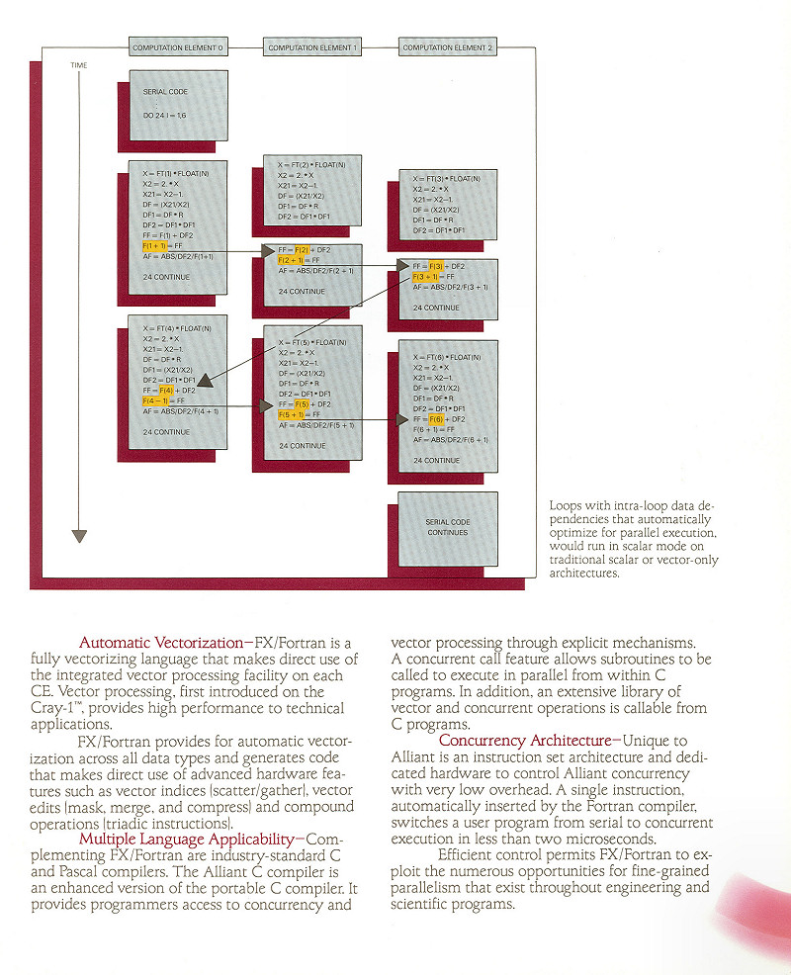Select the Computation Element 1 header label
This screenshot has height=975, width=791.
point(312,46)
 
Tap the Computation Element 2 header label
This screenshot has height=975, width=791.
point(448,46)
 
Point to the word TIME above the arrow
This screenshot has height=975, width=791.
point(79,65)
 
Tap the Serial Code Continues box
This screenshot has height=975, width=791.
point(448,527)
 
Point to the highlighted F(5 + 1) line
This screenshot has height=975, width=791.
point(296,415)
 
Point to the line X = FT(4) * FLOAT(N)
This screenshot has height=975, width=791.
point(176,327)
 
